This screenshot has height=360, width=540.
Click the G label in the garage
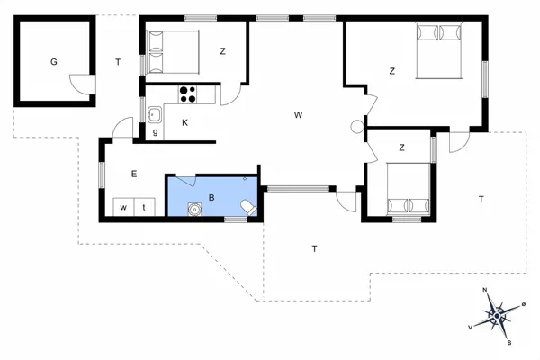[54, 61]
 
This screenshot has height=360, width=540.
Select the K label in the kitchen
[184, 122]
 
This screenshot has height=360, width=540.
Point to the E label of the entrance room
[133, 174]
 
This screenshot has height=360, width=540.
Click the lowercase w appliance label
[121, 207]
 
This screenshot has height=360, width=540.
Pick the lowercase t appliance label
[144, 207]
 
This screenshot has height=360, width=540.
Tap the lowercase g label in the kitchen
[155, 132]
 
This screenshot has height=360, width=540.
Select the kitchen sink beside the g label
[155, 114]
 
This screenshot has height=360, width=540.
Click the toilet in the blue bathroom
[249, 209]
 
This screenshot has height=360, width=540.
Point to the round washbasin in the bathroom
[194, 210]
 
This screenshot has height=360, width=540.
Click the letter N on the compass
[485, 290]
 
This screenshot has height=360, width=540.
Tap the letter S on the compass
[508, 342]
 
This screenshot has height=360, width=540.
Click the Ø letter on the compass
[523, 305]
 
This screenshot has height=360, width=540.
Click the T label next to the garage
[117, 61]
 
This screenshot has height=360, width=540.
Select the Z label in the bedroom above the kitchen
[222, 51]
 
